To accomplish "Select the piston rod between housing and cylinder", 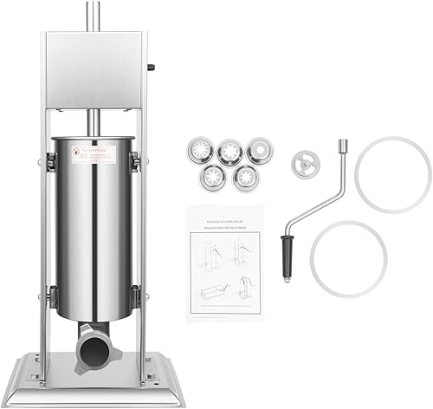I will (91, 123).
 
